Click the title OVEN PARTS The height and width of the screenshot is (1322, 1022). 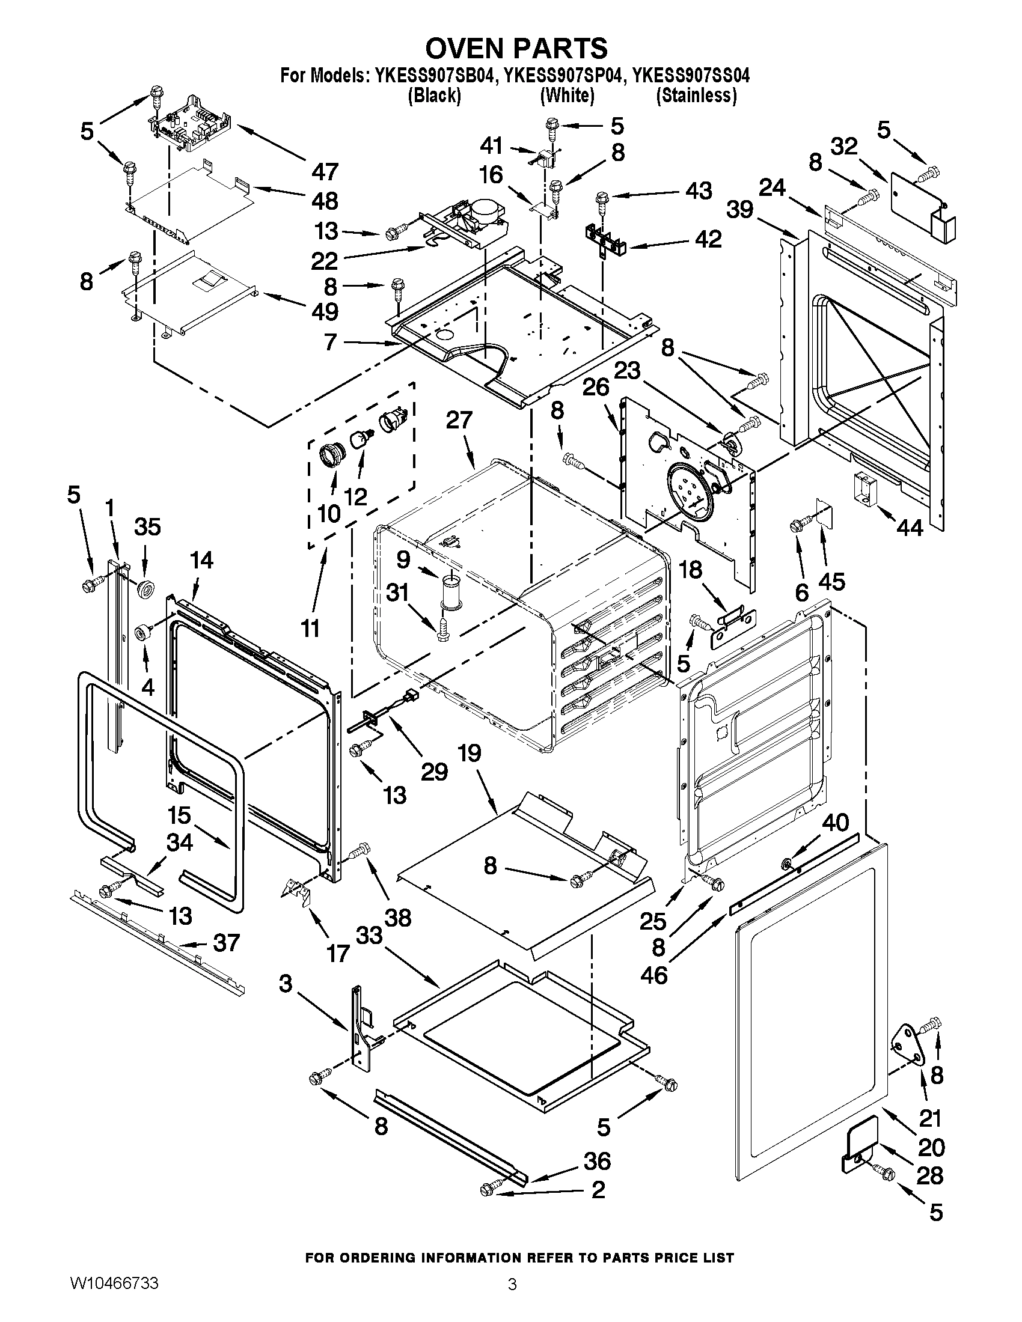click(515, 47)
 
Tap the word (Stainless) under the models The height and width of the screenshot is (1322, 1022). click(696, 96)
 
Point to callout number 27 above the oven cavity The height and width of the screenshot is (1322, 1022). click(459, 420)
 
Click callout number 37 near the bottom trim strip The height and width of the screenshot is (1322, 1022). click(226, 942)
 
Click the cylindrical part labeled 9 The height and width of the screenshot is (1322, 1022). click(450, 590)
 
